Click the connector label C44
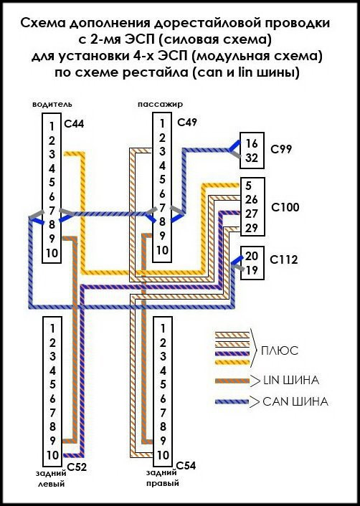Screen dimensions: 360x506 [74, 124]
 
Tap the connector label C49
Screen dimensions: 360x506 [187, 123]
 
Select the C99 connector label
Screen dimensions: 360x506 [281, 149]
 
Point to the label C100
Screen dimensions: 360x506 [285, 207]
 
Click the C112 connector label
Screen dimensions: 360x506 [284, 259]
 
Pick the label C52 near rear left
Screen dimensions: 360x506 [77, 467]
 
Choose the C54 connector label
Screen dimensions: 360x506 [186, 466]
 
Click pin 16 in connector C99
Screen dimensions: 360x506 [251, 143]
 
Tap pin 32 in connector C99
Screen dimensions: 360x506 [252, 158]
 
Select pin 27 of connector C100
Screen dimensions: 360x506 [251, 214]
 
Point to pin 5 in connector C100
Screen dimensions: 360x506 [248, 186]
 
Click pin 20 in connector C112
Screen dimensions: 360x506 [252, 256]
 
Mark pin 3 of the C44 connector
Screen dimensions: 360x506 [52, 154]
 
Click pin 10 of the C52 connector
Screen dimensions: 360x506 [52, 455]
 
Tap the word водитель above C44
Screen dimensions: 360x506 [52, 105]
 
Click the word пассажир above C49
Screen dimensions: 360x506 [160, 105]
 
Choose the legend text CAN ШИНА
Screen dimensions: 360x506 [295, 402]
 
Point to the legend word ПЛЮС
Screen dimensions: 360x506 [280, 350]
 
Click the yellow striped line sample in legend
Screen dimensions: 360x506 [232, 362]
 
